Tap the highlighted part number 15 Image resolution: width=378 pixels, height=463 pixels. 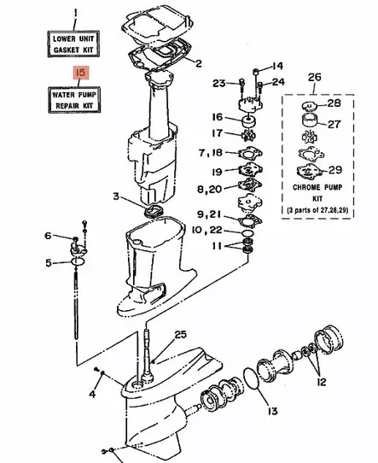click(80, 75)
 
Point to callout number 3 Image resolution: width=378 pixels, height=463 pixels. click(116, 197)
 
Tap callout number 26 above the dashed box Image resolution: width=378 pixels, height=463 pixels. click(315, 78)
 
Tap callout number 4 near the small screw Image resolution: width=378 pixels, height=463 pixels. click(91, 394)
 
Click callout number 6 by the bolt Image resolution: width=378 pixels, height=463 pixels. click(49, 236)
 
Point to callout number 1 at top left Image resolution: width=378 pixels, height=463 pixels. click(74, 13)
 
